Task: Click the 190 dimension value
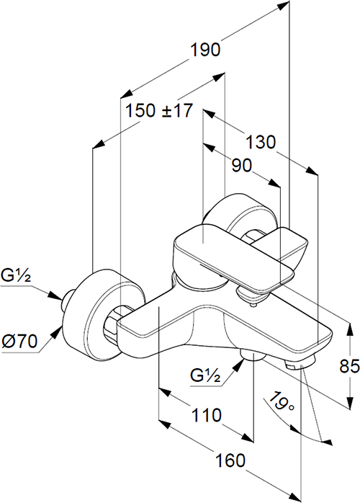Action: (x=205, y=50)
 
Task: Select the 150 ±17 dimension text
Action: (x=159, y=111)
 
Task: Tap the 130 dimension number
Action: (x=261, y=142)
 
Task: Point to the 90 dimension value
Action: (x=242, y=165)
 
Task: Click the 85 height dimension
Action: (x=350, y=366)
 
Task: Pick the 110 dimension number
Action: (x=206, y=415)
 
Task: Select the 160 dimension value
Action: (x=230, y=460)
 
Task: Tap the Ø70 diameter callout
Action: (x=19, y=341)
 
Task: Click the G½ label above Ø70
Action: (x=16, y=275)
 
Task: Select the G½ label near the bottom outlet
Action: (x=205, y=375)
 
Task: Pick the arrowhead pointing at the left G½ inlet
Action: (x=55, y=295)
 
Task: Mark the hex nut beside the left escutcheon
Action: (x=114, y=322)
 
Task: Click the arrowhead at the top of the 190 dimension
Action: (x=283, y=6)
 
